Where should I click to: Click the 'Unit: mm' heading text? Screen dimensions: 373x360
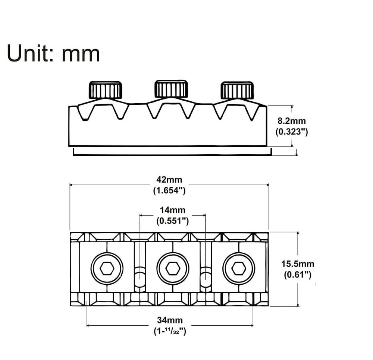pos(53,53)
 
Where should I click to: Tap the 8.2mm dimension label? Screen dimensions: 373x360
pos(292,121)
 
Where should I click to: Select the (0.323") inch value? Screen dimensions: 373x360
pos(292,132)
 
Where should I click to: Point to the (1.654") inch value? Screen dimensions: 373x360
pos(169,190)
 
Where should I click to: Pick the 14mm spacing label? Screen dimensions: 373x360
pos(172,210)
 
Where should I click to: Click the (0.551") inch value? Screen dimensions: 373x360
pos(172,221)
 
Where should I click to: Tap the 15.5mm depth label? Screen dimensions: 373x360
pos(298,264)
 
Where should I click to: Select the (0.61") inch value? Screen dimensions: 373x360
pos(298,275)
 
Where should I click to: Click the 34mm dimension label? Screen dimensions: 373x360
pos(170,320)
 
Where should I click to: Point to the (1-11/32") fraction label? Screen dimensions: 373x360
pos(170,331)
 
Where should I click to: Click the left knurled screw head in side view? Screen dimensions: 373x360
pos(105,90)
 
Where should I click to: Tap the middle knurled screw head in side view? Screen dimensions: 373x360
pos(171,89)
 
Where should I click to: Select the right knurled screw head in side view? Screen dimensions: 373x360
pos(237,90)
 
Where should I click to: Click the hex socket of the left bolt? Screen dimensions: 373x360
pos(107,269)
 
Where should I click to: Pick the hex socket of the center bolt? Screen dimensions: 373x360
pos(173,269)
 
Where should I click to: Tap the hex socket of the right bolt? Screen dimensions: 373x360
pos(239,269)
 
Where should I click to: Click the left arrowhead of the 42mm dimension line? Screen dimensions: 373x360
pos(71,184)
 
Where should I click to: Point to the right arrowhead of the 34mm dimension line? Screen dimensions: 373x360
pos(252,325)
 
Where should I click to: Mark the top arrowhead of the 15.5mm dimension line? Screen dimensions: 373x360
pos(298,234)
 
